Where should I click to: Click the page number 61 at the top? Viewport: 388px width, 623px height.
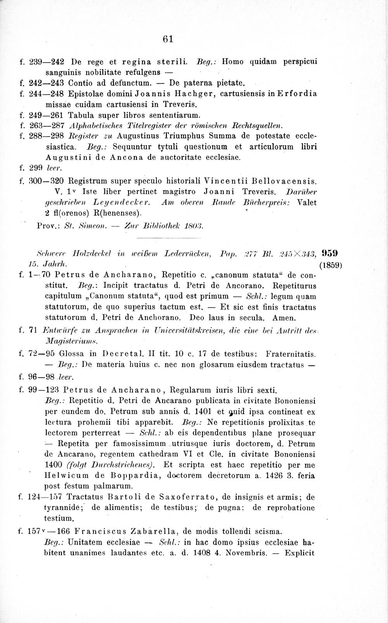(167, 39)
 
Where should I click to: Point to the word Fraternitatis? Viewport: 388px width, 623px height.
(291, 354)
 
